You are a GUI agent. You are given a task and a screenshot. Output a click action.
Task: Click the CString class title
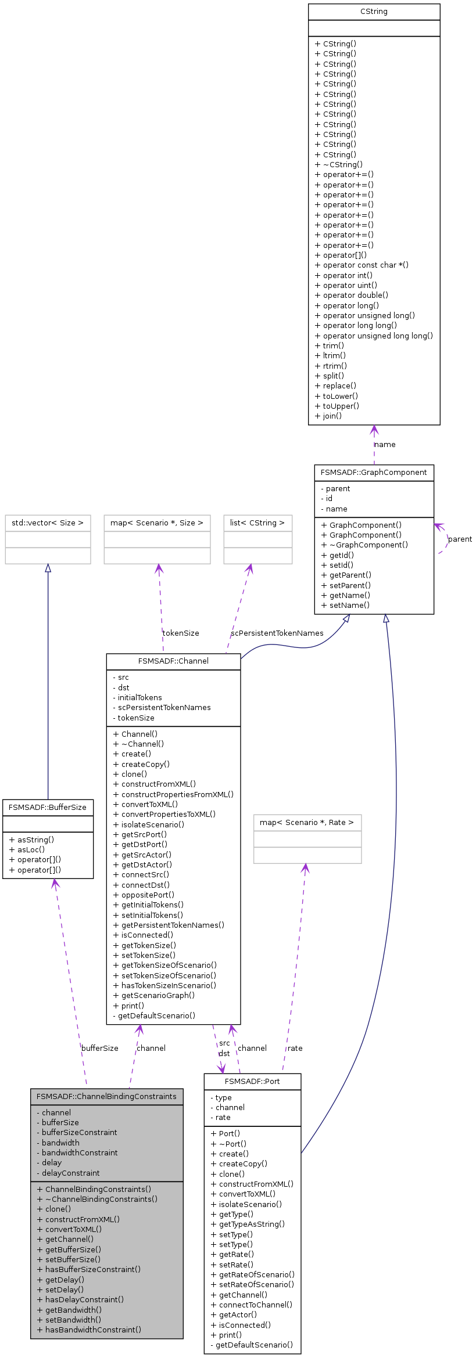pyautogui.click(x=374, y=12)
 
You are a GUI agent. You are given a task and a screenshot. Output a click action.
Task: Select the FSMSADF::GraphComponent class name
pyautogui.click(x=374, y=473)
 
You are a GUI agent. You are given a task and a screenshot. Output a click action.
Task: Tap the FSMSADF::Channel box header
pyautogui.click(x=173, y=661)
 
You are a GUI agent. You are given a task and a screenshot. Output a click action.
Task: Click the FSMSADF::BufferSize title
pyautogui.click(x=48, y=808)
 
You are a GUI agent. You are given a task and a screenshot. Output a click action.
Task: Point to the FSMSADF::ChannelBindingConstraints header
pyautogui.click(x=106, y=1097)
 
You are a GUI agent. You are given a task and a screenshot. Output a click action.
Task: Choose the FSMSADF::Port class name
pyautogui.click(x=252, y=1082)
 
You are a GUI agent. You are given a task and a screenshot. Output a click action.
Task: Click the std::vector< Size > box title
pyautogui.click(x=48, y=523)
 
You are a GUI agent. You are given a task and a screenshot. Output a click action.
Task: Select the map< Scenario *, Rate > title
pyautogui.click(x=307, y=823)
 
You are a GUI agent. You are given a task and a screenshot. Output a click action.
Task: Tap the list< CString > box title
pyautogui.click(x=257, y=523)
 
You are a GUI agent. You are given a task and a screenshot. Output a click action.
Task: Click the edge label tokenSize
pyautogui.click(x=181, y=633)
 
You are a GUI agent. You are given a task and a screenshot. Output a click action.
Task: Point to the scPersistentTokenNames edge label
pyautogui.click(x=277, y=633)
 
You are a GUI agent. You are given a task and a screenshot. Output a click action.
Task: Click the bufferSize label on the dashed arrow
pyautogui.click(x=100, y=1049)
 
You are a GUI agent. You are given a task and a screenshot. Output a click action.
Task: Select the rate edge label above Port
pyautogui.click(x=295, y=1049)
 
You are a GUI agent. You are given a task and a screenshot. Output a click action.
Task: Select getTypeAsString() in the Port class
pyautogui.click(x=248, y=1224)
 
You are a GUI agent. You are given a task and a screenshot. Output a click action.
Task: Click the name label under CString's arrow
pyautogui.click(x=385, y=445)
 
